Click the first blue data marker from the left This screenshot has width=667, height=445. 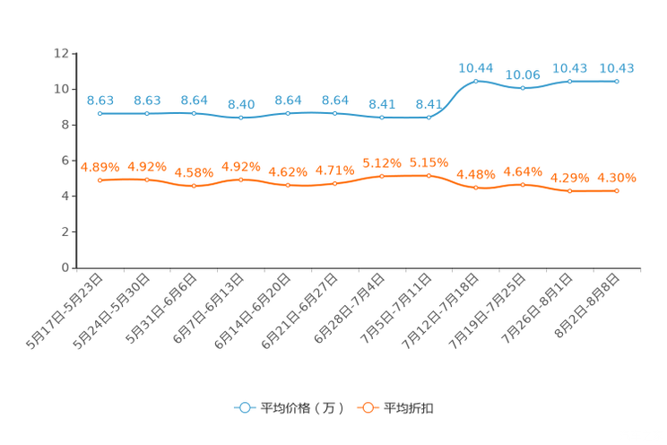pos(100,114)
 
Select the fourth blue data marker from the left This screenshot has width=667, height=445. pos(240,118)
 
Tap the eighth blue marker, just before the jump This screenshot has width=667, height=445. pos(429,118)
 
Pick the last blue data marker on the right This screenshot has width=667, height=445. pos(617,81)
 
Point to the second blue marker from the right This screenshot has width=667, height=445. pos(569,81)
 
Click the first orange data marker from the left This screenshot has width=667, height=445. pos(100,180)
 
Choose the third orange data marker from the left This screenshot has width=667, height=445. pos(194,186)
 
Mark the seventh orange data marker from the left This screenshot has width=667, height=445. pos(382,176)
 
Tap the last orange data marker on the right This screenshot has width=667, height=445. pos(617,191)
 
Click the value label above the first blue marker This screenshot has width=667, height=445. pos(100,100)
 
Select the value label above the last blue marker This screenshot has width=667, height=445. pos(617,67)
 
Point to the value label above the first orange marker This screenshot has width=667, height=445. pos(100,166)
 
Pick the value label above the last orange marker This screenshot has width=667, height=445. pos(617,177)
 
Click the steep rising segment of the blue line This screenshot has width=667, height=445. pos(453,97)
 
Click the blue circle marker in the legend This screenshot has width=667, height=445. pos(244,407)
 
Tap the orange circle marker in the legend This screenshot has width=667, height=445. pos(367,407)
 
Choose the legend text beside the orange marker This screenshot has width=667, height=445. pos(411,408)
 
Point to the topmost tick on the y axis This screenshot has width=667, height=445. pos(74,53)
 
